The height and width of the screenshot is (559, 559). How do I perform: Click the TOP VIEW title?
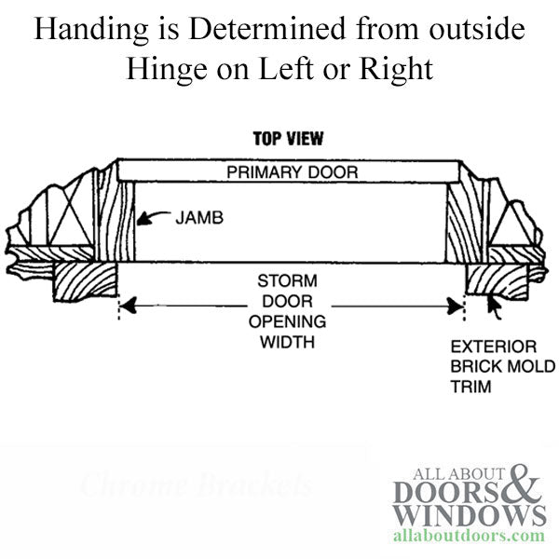click(288, 140)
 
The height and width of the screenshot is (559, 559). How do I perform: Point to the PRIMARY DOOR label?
click(289, 172)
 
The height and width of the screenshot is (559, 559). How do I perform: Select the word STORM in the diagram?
click(288, 280)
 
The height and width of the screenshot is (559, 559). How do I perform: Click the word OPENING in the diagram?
click(288, 321)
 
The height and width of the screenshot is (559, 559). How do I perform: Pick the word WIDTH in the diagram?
click(288, 342)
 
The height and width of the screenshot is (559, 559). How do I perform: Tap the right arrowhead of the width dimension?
click(457, 304)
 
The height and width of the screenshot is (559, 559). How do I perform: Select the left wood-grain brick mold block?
click(84, 280)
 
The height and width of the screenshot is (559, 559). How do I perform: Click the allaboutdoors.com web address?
click(469, 537)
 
